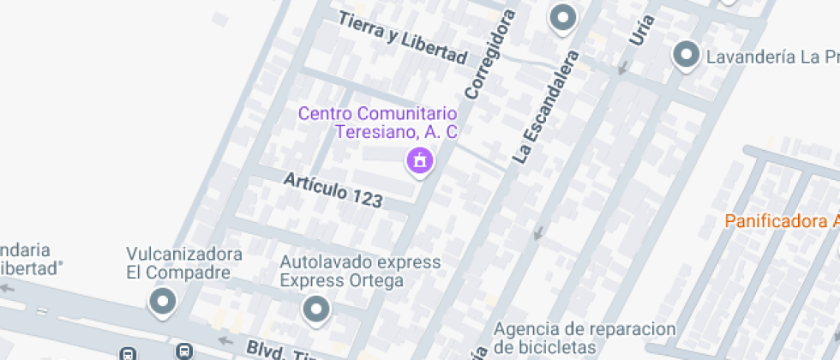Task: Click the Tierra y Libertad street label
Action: click(x=402, y=39)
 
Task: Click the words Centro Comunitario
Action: click(x=377, y=113)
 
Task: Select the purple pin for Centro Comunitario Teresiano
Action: click(x=419, y=159)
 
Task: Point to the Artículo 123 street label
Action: click(x=332, y=189)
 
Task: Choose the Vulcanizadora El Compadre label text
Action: click(x=184, y=264)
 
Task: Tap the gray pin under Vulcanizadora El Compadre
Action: click(x=161, y=301)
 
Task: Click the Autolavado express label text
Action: click(x=360, y=261)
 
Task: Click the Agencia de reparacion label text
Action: click(x=585, y=329)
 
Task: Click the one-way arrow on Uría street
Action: click(x=623, y=67)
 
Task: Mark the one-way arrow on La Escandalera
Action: click(x=538, y=231)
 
